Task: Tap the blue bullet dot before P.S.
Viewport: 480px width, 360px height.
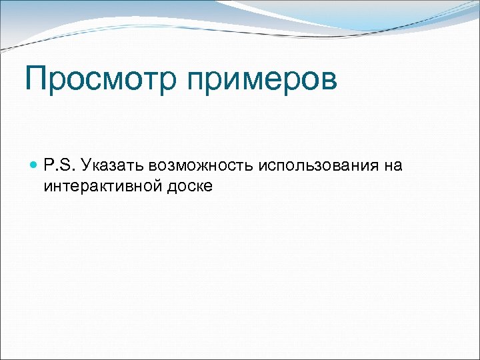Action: coord(35,165)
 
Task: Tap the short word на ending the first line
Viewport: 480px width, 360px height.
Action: coord(393,165)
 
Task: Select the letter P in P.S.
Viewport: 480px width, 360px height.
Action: coord(50,165)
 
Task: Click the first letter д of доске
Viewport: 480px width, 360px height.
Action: coord(171,187)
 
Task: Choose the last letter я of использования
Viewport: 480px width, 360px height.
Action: coord(375,165)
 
